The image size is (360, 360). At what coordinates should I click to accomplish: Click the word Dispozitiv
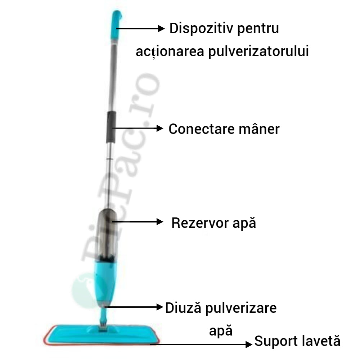point(201,28)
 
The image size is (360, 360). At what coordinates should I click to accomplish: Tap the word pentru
point(258,30)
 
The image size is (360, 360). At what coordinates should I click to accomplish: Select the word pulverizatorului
point(258,51)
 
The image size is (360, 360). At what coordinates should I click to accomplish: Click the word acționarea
point(170,51)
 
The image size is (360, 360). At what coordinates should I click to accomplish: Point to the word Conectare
point(202,129)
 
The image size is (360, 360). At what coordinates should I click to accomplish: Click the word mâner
point(259,129)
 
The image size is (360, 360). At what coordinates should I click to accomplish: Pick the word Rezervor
point(200,223)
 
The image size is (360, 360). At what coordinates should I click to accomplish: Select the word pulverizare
point(241,309)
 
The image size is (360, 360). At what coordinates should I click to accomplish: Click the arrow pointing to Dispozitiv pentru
point(140,28)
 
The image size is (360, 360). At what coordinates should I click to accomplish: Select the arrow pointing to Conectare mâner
point(137,128)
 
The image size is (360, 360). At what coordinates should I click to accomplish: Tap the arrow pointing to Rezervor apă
point(137,221)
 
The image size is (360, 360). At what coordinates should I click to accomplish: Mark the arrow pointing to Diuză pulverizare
point(134,307)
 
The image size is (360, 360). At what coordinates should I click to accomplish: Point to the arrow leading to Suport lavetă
point(201,344)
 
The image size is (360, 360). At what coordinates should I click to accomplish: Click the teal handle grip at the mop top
point(116,25)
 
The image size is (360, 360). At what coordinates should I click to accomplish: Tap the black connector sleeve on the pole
point(111,127)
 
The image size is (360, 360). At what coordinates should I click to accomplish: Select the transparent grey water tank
point(107,235)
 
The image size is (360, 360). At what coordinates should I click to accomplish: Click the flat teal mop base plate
point(102,335)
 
